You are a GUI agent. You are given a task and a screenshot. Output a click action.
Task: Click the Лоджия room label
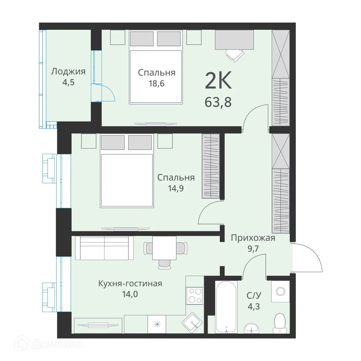pyautogui.click(x=68, y=72)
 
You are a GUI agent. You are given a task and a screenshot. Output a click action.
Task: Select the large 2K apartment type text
pyautogui.click(x=218, y=80)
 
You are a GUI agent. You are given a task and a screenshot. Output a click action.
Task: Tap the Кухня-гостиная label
pyautogui.click(x=130, y=283)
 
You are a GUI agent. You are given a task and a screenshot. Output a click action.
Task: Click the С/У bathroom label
pyautogui.click(x=254, y=295)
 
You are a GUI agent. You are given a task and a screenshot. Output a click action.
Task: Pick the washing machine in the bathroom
pyautogui.click(x=280, y=292)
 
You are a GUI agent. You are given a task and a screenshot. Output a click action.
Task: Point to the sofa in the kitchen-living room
pyautogui.click(x=104, y=248)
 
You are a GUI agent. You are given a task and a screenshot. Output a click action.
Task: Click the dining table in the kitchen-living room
pyautogui.click(x=164, y=248)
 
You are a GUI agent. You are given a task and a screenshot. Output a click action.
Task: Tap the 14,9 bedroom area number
pyautogui.click(x=176, y=188)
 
